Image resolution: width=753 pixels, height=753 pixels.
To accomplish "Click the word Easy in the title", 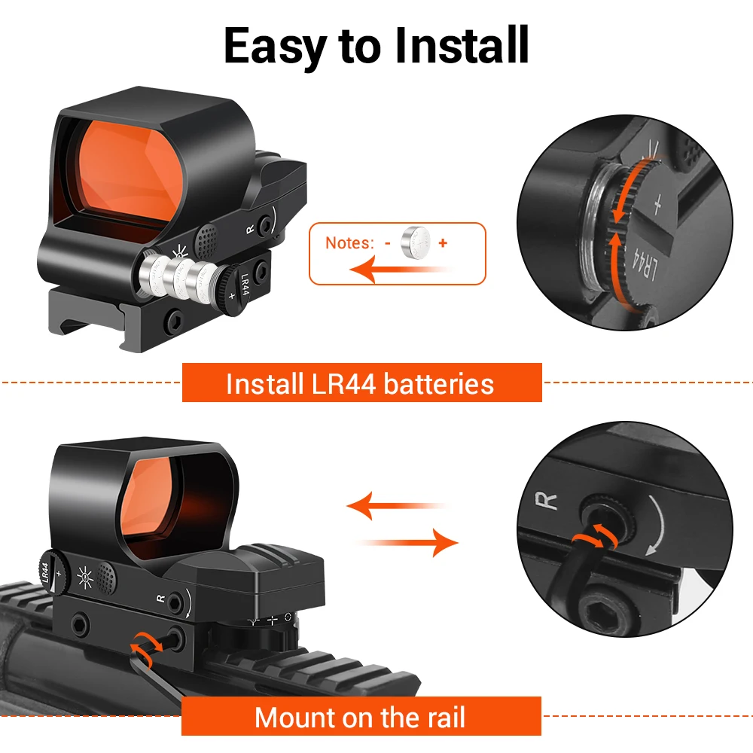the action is [276, 46].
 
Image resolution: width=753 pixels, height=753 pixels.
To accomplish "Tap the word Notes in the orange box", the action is [349, 243].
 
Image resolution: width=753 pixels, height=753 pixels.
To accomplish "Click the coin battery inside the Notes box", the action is [416, 242].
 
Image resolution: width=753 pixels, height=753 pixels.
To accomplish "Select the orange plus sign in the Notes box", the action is [443, 243].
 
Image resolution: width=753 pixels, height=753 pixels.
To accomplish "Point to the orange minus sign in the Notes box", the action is [388, 243].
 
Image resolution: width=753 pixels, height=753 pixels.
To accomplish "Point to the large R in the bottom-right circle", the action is [547, 501].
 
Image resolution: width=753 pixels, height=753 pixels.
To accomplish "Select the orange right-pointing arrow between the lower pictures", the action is [407, 543].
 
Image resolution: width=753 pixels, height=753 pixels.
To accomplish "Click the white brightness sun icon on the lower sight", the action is [85, 577].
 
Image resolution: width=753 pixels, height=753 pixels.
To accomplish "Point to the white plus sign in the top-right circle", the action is [657, 205].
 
